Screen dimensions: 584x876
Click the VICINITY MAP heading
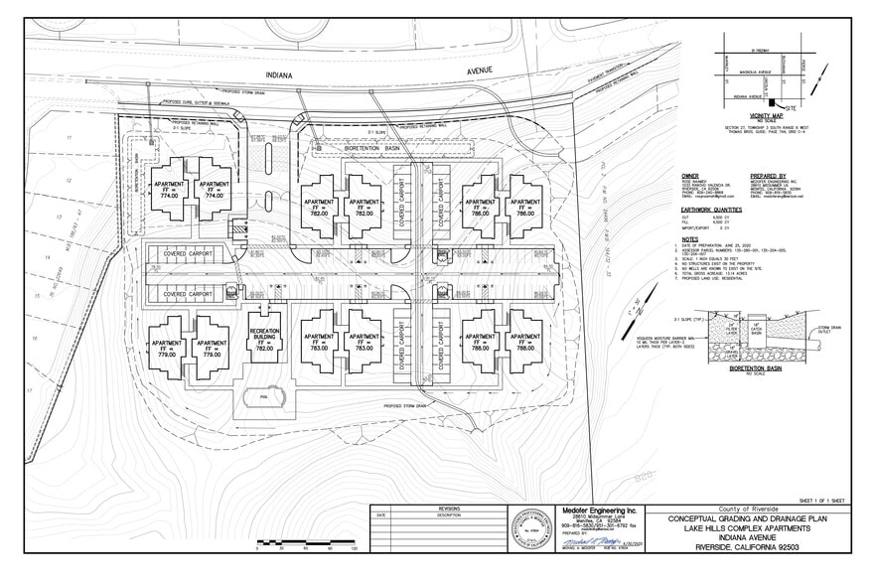pos(765,117)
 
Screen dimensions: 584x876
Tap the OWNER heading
pos(690,176)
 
